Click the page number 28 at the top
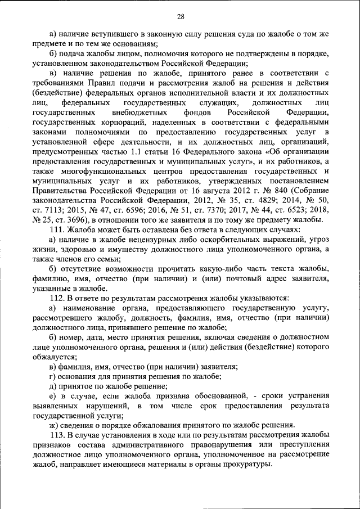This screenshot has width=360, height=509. pyautogui.click(x=180, y=16)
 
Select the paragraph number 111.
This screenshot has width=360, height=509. pyautogui.click(x=58, y=229)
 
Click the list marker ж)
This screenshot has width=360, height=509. pyautogui.click(x=54, y=426)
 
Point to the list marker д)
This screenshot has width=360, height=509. pyautogui.click(x=54, y=386)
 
